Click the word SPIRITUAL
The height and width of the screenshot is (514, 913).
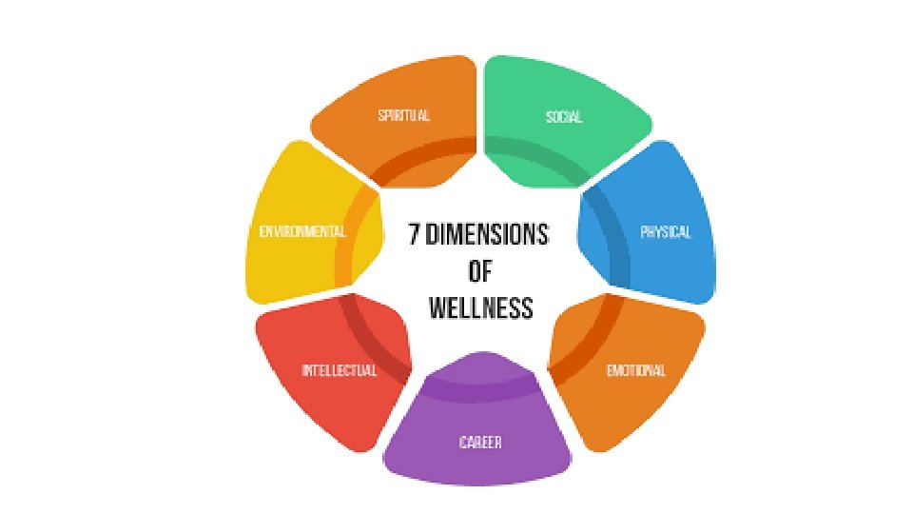coord(403,116)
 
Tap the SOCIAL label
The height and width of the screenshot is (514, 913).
coord(564,118)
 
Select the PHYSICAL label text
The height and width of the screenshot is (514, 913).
coord(666,233)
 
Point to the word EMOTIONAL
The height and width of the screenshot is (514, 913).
coord(636,371)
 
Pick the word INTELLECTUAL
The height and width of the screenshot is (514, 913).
coord(339,371)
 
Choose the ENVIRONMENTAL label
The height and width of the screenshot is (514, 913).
coord(302,232)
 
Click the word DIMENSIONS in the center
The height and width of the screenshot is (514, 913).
coord(490,235)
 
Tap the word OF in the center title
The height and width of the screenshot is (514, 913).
coord(480,272)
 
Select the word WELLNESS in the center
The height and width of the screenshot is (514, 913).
coord(480,308)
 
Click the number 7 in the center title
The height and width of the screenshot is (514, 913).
coord(416,235)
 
